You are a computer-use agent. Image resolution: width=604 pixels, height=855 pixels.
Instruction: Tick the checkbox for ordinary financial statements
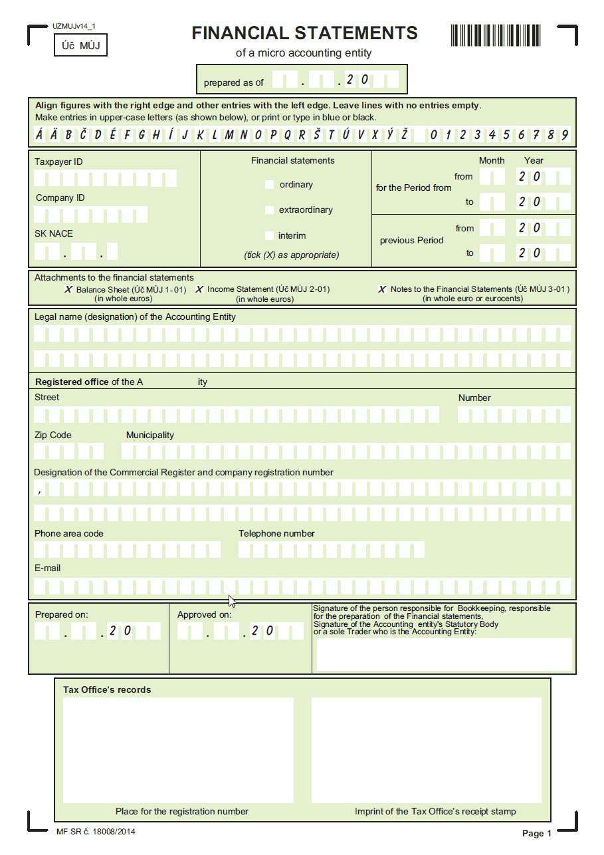[x=269, y=184]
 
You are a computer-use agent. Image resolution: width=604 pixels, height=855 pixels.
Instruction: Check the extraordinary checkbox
[x=269, y=210]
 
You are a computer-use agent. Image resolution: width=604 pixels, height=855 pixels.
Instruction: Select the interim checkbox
[x=269, y=235]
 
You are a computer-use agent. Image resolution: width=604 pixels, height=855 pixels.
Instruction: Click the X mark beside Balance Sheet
[x=68, y=290]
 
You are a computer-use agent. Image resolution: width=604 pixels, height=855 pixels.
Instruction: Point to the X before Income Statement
[x=199, y=290]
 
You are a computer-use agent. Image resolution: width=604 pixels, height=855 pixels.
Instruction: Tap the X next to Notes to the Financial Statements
[x=381, y=290]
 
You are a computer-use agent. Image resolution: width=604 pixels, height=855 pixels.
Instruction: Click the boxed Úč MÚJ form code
[x=80, y=46]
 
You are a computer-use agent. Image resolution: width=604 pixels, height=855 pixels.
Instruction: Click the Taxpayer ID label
[x=58, y=162]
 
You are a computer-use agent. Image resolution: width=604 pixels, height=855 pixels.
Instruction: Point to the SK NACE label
[x=54, y=233]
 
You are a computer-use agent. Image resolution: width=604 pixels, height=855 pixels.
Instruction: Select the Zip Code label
[x=53, y=435]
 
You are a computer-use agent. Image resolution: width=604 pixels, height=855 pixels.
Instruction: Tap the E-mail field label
[x=48, y=568]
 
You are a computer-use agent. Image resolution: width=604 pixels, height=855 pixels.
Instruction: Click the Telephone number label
[x=276, y=533]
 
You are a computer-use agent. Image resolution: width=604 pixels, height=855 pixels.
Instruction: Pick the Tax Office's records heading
[x=107, y=689]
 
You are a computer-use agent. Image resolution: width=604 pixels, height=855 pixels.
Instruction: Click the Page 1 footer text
[x=537, y=833]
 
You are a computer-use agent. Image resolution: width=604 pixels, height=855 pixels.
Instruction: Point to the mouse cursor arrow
[x=232, y=601]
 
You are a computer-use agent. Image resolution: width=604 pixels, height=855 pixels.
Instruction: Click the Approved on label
[x=204, y=615]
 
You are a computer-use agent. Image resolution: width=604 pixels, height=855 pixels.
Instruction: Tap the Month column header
[x=492, y=160]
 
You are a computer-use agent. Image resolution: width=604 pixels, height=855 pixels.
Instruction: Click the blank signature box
[x=444, y=654]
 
